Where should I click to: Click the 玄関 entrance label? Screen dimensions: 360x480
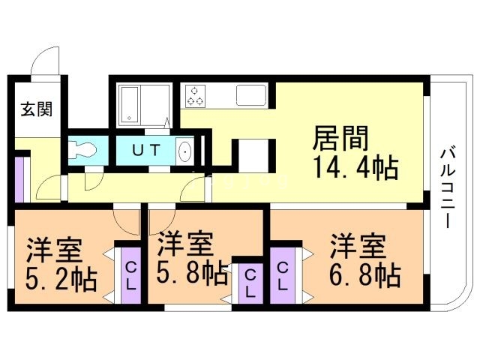pyautogui.click(x=36, y=109)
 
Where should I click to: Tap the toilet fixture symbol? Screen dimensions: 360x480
pyautogui.click(x=81, y=149)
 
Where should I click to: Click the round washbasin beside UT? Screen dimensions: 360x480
pyautogui.click(x=185, y=152)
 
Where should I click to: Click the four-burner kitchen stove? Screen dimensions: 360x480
pyautogui.click(x=196, y=94)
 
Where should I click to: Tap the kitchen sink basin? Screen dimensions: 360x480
pyautogui.click(x=250, y=95)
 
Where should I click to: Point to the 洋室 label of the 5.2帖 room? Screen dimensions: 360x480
pyautogui.click(x=55, y=250)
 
